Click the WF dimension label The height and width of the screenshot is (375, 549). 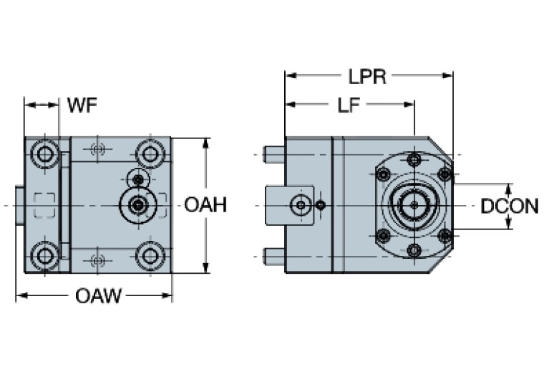pyautogui.click(x=82, y=105)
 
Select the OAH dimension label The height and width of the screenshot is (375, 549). pyautogui.click(x=205, y=205)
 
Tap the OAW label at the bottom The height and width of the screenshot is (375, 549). pyautogui.click(x=98, y=295)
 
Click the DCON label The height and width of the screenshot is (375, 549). pyautogui.click(x=509, y=207)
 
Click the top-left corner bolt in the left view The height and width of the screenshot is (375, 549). pyautogui.click(x=47, y=153)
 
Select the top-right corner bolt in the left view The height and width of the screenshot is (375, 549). pyautogui.click(x=150, y=153)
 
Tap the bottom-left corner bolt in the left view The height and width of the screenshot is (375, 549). pyautogui.click(x=47, y=255)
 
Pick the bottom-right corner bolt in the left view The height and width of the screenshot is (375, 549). pyautogui.click(x=150, y=255)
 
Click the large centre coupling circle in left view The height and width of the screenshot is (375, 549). pyautogui.click(x=136, y=205)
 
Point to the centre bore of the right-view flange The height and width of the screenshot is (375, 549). pyautogui.click(x=414, y=206)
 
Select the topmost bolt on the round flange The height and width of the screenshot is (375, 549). pyautogui.click(x=414, y=160)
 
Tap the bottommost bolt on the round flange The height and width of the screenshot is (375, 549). pyautogui.click(x=414, y=250)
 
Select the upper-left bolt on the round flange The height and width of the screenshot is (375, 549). pyautogui.click(x=384, y=174)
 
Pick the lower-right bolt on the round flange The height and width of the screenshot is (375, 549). pyautogui.click(x=444, y=236)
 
